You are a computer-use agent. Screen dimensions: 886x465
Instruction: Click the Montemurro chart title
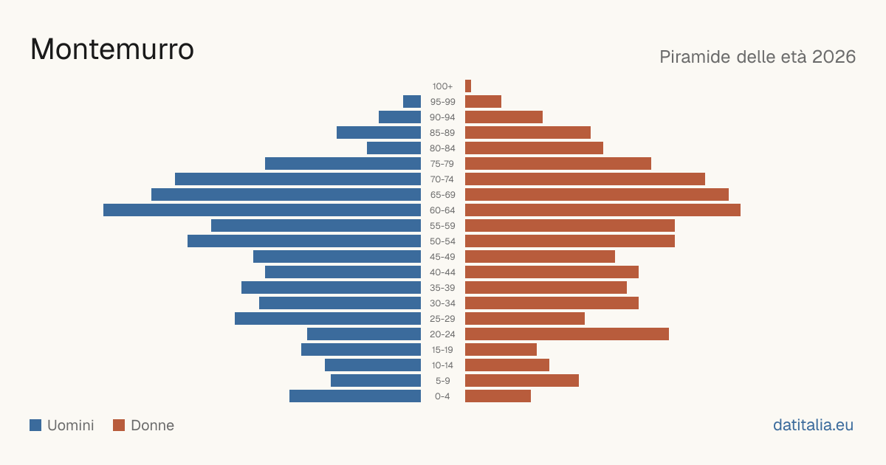click(x=112, y=49)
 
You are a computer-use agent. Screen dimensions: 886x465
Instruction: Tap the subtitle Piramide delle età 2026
click(x=758, y=57)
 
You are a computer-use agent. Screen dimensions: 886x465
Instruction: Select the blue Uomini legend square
click(x=35, y=425)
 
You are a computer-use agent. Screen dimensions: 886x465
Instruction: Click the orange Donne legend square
click(x=119, y=425)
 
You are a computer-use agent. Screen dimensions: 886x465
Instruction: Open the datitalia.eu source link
click(x=813, y=425)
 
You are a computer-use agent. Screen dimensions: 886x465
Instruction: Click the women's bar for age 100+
click(x=468, y=86)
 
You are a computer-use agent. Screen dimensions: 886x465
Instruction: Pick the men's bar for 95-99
click(x=412, y=102)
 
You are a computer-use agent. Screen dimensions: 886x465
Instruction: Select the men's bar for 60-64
click(x=262, y=210)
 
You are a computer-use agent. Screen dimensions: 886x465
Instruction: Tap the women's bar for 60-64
click(x=602, y=210)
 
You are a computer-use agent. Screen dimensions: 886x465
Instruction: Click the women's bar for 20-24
click(x=567, y=334)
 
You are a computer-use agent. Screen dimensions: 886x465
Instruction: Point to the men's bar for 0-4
click(x=355, y=396)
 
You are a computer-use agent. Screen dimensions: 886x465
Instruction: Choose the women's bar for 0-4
click(x=498, y=396)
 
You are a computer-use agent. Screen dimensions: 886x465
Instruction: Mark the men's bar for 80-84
click(x=394, y=148)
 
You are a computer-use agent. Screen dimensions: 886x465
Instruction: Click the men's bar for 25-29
click(x=328, y=319)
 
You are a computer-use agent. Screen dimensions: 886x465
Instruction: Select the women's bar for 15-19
click(x=501, y=350)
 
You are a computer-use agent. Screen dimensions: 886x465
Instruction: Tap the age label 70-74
click(x=442, y=179)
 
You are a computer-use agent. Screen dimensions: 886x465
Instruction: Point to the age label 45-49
click(x=442, y=257)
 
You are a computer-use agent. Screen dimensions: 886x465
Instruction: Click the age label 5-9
click(x=442, y=381)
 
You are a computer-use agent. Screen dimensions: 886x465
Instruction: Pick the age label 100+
click(x=442, y=86)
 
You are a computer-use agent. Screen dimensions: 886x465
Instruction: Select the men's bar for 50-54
click(x=304, y=241)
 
